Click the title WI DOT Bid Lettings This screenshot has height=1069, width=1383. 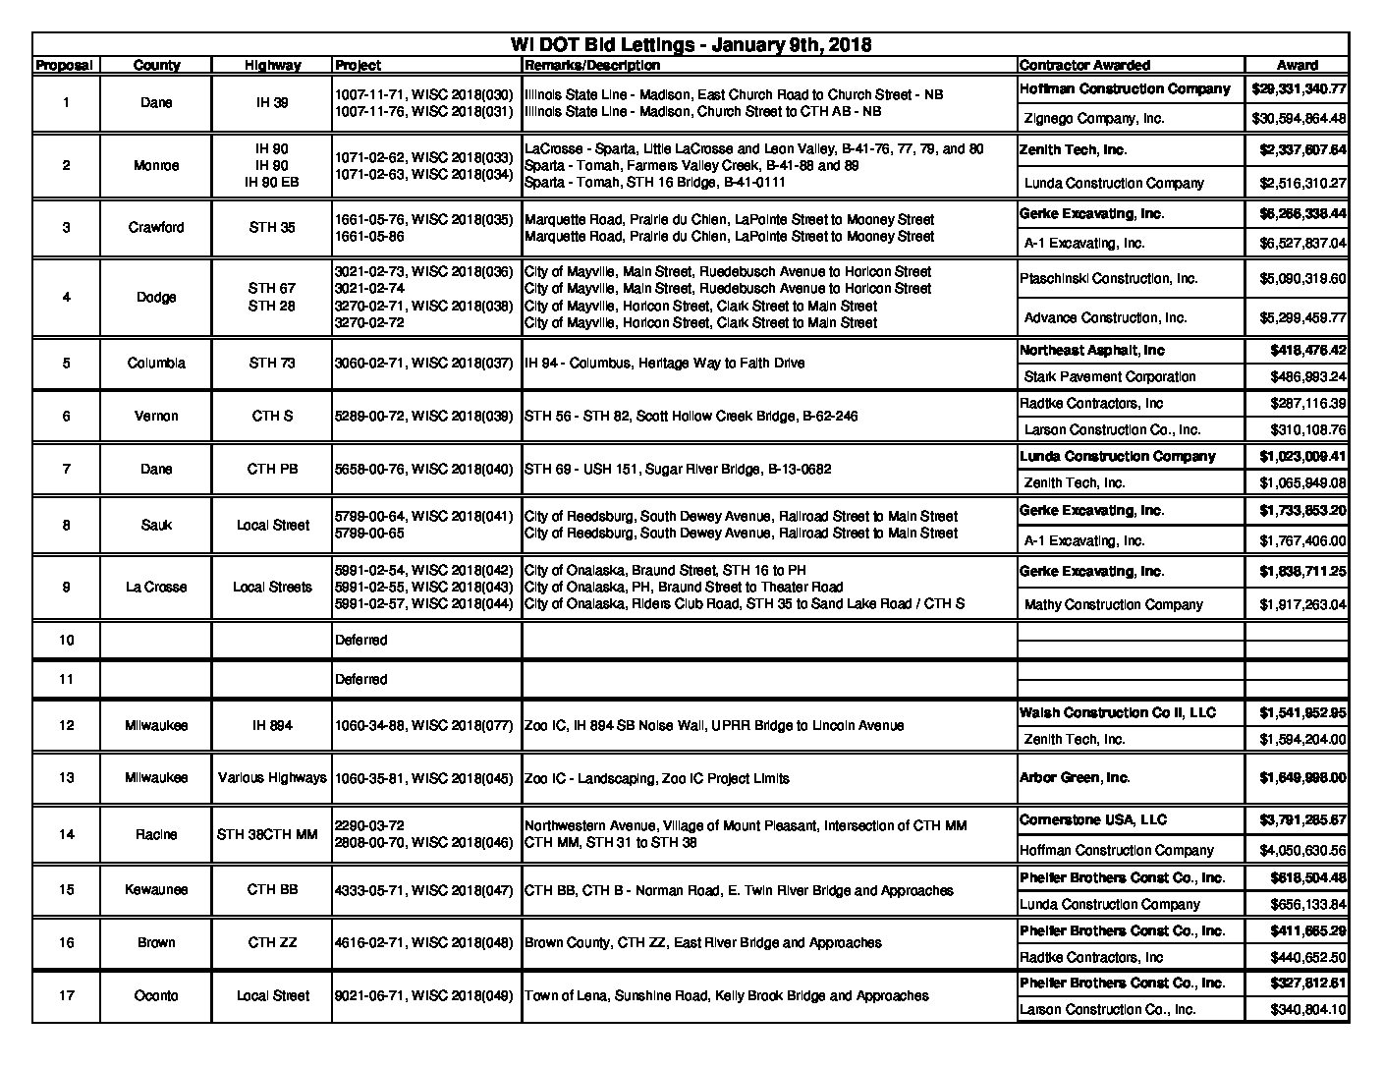coord(691,44)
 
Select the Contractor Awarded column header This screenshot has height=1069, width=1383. coord(1084,65)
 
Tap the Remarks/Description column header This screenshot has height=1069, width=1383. coord(592,65)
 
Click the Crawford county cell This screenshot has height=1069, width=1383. coord(156,227)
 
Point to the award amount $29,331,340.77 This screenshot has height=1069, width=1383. coord(1298,88)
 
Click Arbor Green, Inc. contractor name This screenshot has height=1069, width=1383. coord(1075,777)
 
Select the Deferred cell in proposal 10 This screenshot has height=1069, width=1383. coord(361,640)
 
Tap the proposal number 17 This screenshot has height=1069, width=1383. coord(66,995)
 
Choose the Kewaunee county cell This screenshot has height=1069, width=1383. coord(156,889)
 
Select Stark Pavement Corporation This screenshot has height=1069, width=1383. coord(1109,376)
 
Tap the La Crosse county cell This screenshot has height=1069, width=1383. coord(156,587)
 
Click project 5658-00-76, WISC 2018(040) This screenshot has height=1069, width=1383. coord(423,469)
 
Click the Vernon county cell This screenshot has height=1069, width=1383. coord(156,416)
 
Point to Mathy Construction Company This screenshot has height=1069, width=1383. coord(1113,604)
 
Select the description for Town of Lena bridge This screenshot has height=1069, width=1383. coord(726,995)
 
